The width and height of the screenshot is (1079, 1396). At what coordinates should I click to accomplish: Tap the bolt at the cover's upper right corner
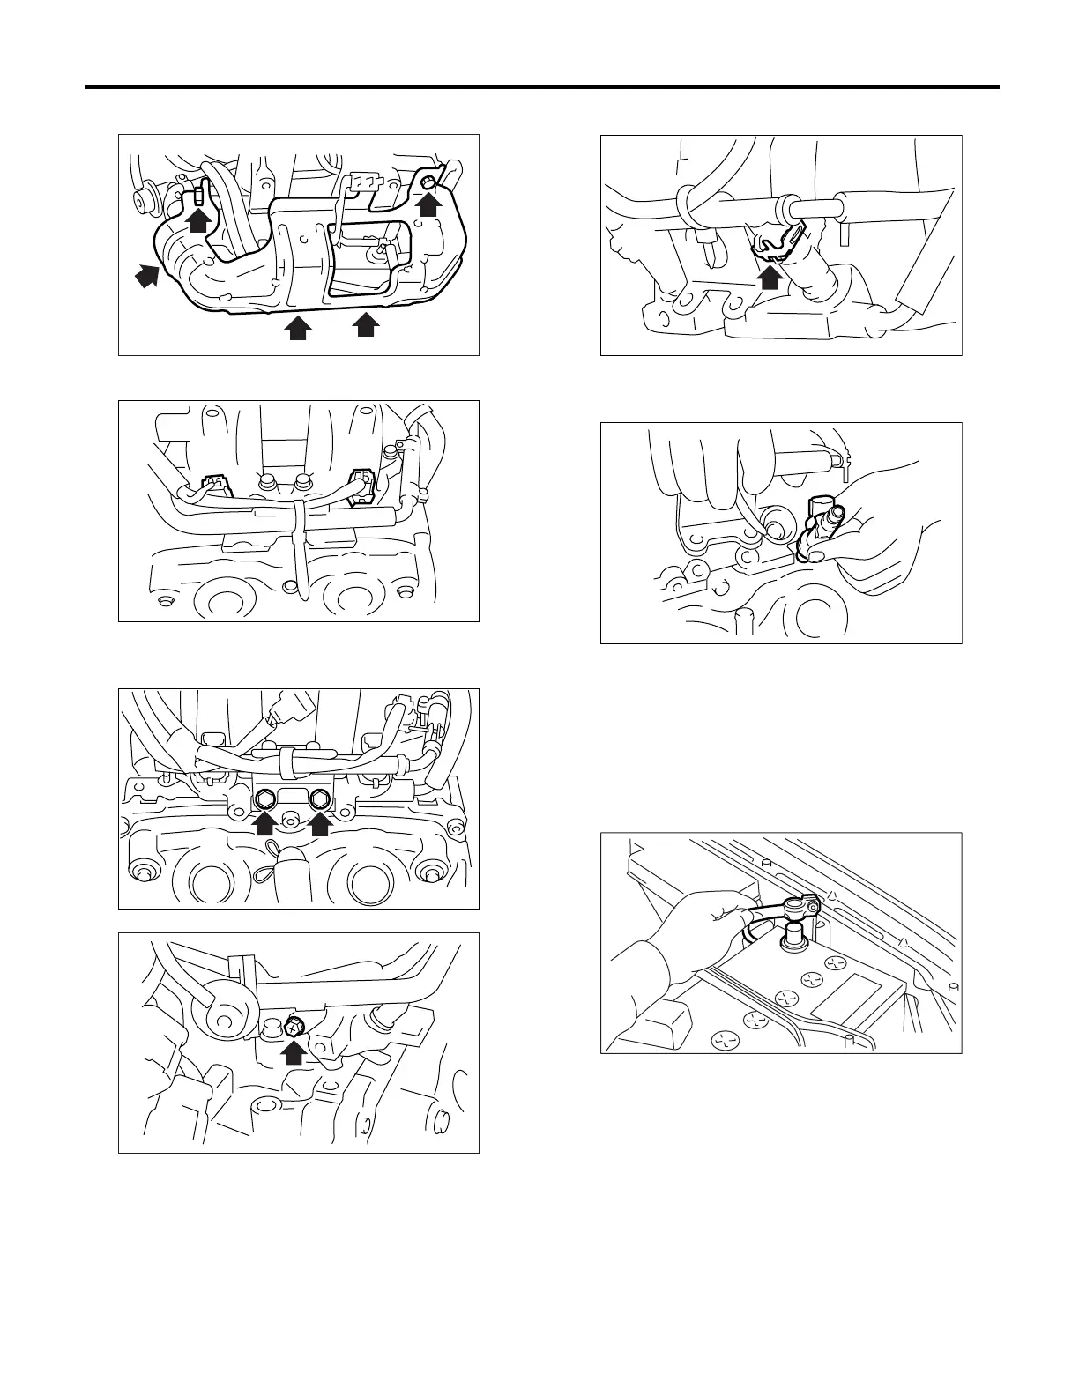pos(428,182)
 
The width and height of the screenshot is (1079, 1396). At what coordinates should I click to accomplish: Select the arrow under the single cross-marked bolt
pos(294,1051)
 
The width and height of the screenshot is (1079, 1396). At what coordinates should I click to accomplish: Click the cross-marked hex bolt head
pos(294,1025)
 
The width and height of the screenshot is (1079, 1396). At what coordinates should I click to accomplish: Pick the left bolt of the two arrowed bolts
pos(264,801)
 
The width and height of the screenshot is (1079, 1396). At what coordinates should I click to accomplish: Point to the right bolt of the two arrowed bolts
pos(321,801)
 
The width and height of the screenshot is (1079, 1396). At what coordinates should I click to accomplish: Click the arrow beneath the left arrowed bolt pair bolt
pos(264,824)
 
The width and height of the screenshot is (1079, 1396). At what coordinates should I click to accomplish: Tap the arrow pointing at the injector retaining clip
pos(770,277)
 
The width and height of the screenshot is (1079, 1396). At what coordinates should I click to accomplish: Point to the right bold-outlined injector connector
pos(361,487)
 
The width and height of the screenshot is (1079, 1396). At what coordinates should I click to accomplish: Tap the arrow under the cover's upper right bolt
pos(428,205)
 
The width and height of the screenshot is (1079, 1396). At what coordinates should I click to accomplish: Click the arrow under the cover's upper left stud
pos(200,219)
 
